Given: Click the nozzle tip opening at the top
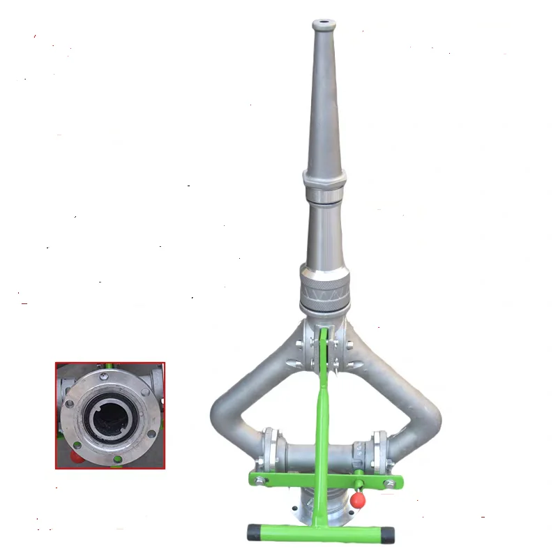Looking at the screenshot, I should pyautogui.click(x=322, y=23).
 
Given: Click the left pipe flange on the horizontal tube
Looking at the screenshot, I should pyautogui.click(x=269, y=450).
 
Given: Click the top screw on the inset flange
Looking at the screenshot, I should pyautogui.click(x=105, y=377).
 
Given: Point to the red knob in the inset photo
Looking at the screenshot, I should pyautogui.click(x=73, y=457).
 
